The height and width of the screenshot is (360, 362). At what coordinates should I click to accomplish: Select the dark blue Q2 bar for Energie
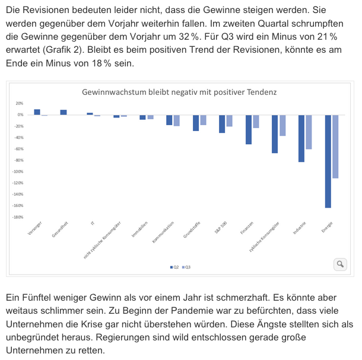(x=328, y=161)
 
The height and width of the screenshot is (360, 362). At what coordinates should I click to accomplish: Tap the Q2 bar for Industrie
(x=301, y=138)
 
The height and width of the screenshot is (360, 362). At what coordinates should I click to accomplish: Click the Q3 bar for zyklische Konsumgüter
(x=282, y=125)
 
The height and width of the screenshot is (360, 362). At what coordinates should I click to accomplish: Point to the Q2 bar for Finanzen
(x=249, y=129)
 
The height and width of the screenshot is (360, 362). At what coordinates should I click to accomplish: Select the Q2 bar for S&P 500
(x=222, y=123)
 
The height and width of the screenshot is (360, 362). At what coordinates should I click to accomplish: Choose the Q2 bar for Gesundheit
(x=63, y=112)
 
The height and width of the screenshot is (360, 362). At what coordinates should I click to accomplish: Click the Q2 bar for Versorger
(x=37, y=112)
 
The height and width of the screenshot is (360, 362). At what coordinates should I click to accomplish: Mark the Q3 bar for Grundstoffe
(x=203, y=120)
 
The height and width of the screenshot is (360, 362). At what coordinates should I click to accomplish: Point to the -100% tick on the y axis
(x=18, y=171)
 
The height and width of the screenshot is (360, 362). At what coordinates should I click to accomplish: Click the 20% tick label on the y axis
(x=20, y=103)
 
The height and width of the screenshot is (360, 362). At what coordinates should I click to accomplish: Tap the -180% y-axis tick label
(x=18, y=217)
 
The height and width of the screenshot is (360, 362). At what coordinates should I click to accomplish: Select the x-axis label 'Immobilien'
(x=140, y=229)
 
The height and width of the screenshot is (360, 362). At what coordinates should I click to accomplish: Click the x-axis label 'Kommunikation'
(x=163, y=231)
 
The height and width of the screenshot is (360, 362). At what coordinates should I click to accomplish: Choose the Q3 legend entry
(x=186, y=267)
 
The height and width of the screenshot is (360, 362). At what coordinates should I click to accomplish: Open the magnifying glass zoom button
(x=340, y=264)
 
